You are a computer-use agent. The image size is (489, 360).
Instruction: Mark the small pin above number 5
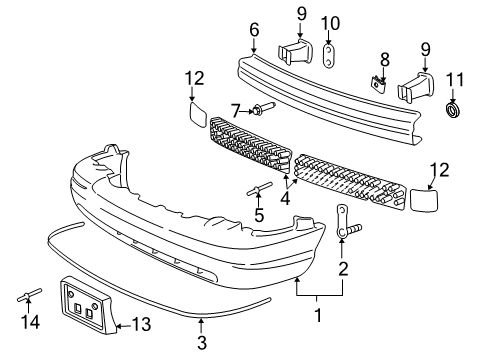(x=259, y=189)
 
